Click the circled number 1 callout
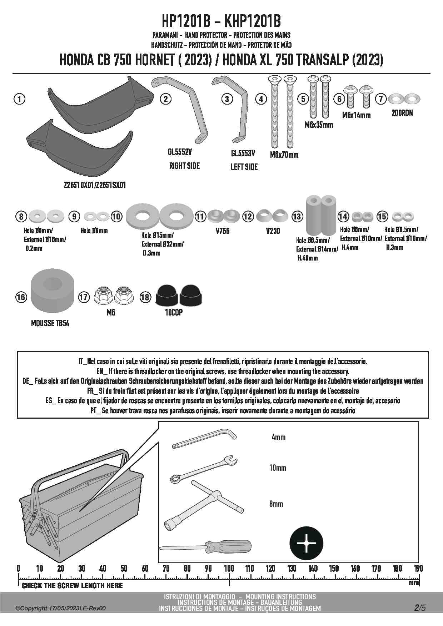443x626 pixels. coord(20,99)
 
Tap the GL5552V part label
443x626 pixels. coord(180,152)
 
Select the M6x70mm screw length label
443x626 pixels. coord(284,155)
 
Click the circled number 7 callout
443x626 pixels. coord(382,99)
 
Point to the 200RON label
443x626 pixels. coord(402,113)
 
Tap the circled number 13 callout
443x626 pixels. coord(297,216)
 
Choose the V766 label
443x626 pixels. coord(223,231)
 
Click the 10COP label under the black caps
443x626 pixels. coord(174,313)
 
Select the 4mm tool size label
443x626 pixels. coord(279,437)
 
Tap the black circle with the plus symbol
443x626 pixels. coord(306,543)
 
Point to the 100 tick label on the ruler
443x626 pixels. coord(229,568)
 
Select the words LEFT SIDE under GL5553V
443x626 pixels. coord(244,167)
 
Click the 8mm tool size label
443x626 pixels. coord(276,504)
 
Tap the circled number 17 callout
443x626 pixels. coord(84,297)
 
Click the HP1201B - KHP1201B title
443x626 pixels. coord(221,22)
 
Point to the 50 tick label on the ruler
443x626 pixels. coord(124,568)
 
